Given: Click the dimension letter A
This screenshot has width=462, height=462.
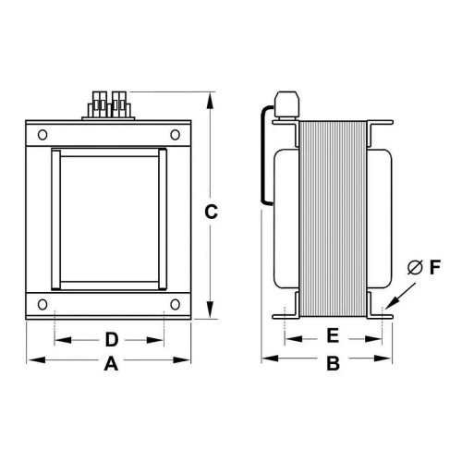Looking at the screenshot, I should click(x=111, y=365).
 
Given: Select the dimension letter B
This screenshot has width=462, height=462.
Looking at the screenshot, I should click(x=334, y=365).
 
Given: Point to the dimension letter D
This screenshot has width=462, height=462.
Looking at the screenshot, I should click(x=110, y=337).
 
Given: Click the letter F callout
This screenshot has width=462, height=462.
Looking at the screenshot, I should click(x=437, y=268).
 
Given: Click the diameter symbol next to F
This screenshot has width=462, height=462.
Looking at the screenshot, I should click(x=415, y=268).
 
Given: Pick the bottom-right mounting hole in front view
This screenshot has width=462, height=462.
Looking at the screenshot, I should click(x=176, y=302).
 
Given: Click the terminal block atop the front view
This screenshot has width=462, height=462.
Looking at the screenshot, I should click(x=109, y=104).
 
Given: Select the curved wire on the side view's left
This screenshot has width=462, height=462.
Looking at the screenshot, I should click(x=266, y=157).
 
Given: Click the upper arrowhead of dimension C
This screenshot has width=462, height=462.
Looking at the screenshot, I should click(x=212, y=96).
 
